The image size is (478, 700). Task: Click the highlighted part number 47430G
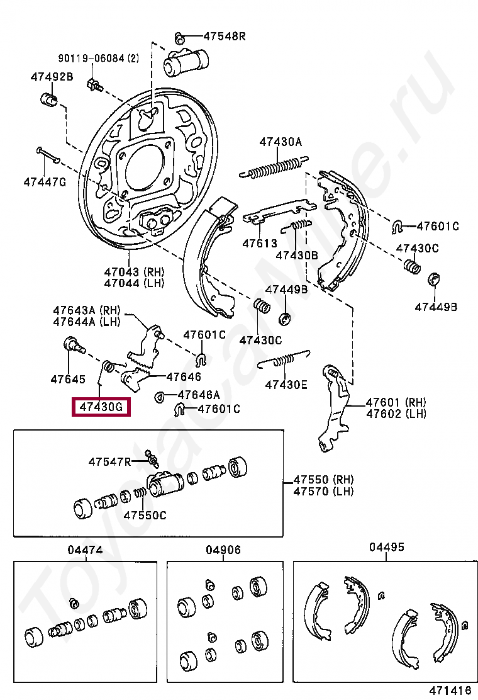pyautogui.click(x=101, y=407)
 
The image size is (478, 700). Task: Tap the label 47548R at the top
pyautogui.click(x=225, y=36)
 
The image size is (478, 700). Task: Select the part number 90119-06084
pyautogui.click(x=91, y=58)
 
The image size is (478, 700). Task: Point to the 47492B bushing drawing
pyautogui.click(x=49, y=99)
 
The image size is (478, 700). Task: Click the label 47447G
pyautogui.click(x=45, y=182)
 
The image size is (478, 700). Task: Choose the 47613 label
pyautogui.click(x=260, y=244)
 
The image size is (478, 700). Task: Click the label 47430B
pyautogui.click(x=297, y=256)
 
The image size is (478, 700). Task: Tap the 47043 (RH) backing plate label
pyautogui.click(x=134, y=271)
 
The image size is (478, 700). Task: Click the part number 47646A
pyautogui.click(x=199, y=395)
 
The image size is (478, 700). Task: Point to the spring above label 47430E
pyautogui.click(x=284, y=360)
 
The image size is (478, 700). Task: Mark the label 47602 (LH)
pyautogui.click(x=396, y=414)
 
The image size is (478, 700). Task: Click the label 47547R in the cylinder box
pyautogui.click(x=109, y=461)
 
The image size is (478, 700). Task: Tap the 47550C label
pyautogui.click(x=145, y=515)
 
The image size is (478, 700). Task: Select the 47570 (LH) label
pyautogui.click(x=323, y=492)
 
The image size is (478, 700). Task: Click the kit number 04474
pyautogui.click(x=85, y=550)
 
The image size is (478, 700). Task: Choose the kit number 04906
pyautogui.click(x=223, y=550)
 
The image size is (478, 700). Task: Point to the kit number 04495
pyautogui.click(x=387, y=547)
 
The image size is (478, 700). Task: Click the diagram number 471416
pyautogui.click(x=450, y=690)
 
